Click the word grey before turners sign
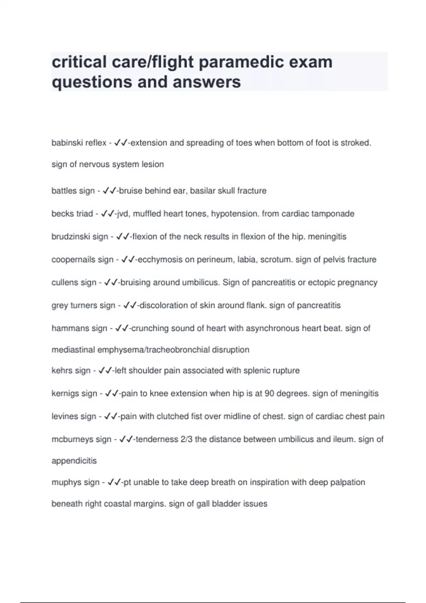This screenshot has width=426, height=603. pyautogui.click(x=60, y=305)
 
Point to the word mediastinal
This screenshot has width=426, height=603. pyautogui.click(x=73, y=350)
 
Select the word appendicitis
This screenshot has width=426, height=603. pyautogui.click(x=74, y=461)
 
